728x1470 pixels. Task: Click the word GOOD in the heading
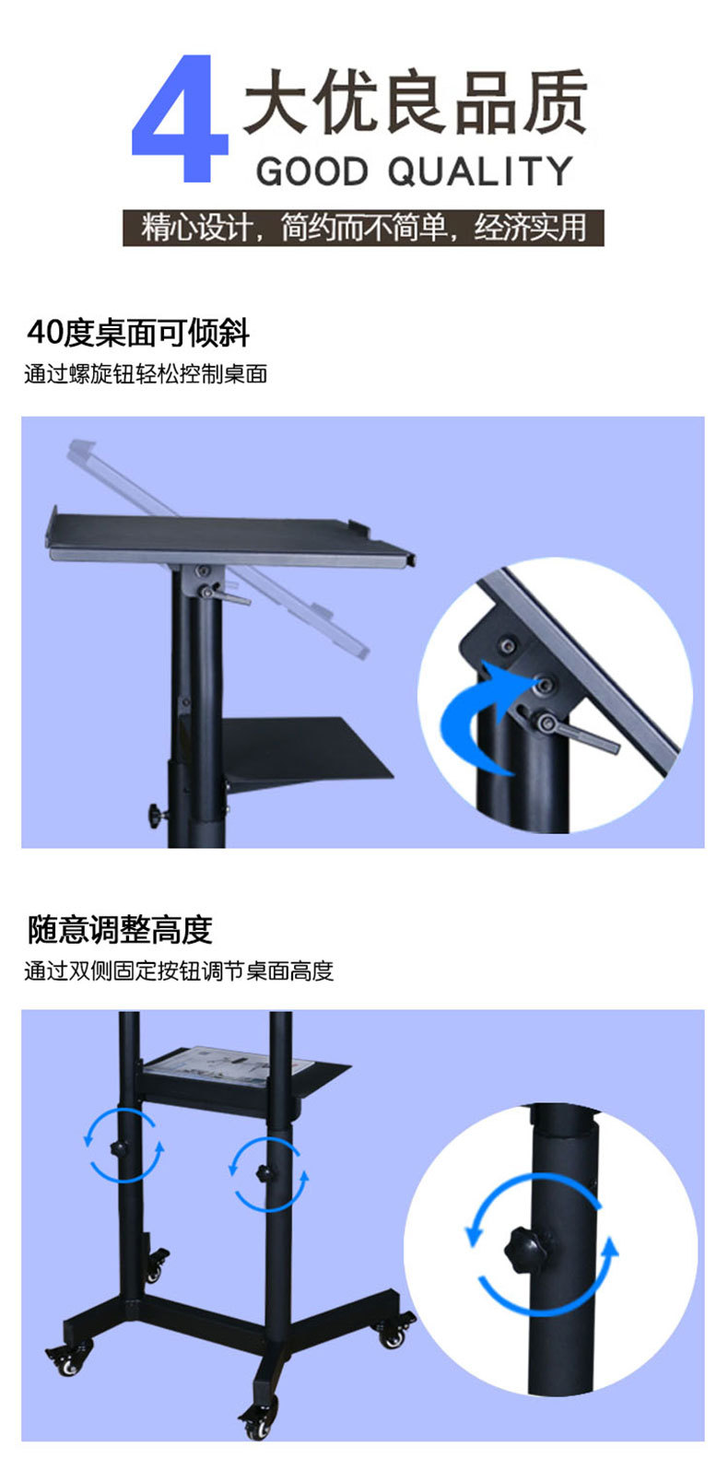coord(311,172)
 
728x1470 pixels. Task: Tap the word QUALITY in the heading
coord(480,172)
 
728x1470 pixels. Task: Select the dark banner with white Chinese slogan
coord(363,228)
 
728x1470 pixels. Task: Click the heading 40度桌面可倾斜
coord(138,333)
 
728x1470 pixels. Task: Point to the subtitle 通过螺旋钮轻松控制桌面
coord(146,374)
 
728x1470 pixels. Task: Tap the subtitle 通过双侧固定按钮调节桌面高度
coord(179,970)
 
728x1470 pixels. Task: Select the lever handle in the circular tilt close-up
coord(578,732)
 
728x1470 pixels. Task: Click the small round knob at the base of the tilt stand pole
coord(158,815)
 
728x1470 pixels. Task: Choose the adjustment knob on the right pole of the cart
coord(264,1172)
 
